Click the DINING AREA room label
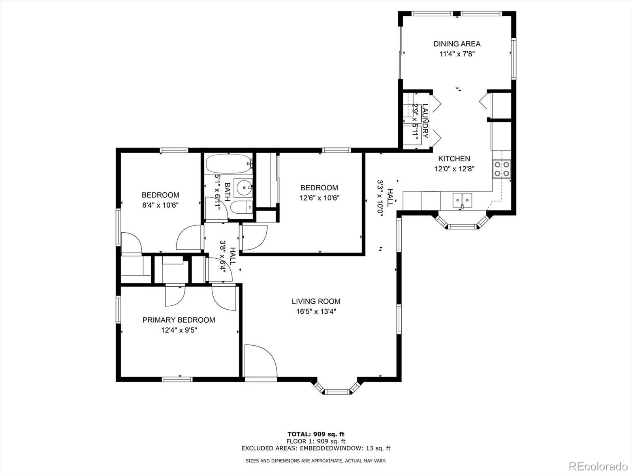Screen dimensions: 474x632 (x=457, y=44)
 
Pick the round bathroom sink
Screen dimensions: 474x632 (x=243, y=188)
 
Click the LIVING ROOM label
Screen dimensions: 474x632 (x=316, y=301)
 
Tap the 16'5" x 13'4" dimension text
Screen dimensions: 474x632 (x=316, y=311)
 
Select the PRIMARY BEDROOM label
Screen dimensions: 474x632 (x=179, y=320)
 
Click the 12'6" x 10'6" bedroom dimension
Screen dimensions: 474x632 (x=319, y=198)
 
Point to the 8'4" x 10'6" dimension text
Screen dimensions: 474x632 (x=160, y=205)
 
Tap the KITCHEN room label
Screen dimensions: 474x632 (x=454, y=159)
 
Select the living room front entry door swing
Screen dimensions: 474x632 (x=259, y=360)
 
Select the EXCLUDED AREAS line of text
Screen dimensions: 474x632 (x=316, y=448)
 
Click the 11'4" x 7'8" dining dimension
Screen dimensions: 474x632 (x=457, y=54)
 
